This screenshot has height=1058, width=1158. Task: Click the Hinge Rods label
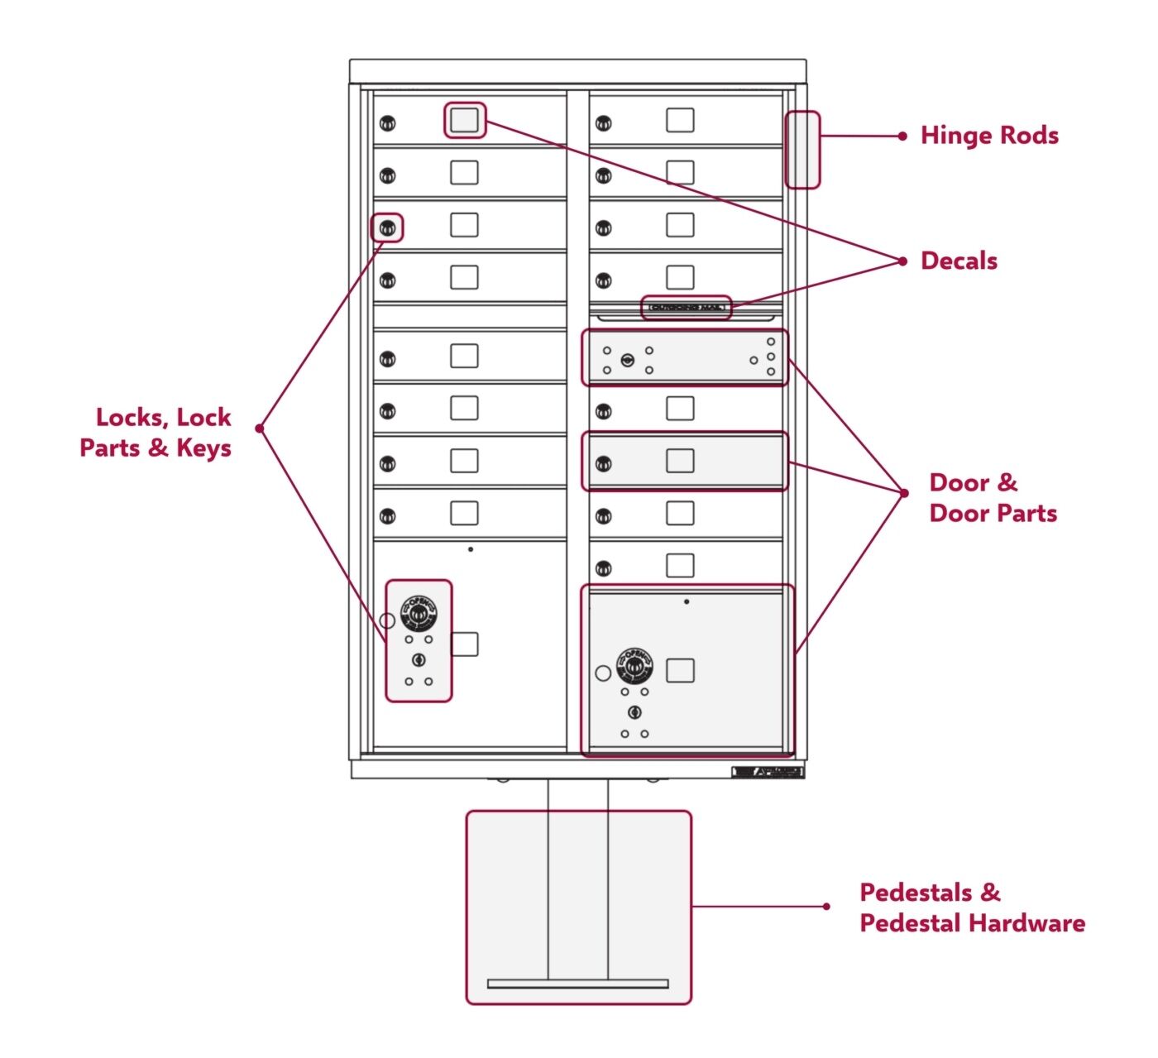[989, 136]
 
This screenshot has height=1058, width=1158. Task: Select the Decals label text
[959, 261]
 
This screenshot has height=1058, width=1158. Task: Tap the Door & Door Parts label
[993, 498]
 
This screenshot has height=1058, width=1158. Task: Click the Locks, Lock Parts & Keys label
[156, 433]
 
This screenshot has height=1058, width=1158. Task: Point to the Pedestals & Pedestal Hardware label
[971, 907]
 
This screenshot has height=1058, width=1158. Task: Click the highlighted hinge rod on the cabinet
[802, 150]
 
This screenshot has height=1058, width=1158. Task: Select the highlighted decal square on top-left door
[464, 120]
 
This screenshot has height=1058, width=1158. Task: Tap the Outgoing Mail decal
[687, 308]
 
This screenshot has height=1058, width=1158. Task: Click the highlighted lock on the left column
[387, 227]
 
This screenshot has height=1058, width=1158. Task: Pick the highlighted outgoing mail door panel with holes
[685, 358]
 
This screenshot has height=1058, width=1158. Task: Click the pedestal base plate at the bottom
[577, 984]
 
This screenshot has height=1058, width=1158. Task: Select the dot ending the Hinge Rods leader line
[902, 136]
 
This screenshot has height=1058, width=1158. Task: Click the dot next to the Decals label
[902, 261]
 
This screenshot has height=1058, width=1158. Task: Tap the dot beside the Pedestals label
[826, 907]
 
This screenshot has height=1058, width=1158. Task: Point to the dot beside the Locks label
[260, 428]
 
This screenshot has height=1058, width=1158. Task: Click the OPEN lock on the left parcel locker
[419, 614]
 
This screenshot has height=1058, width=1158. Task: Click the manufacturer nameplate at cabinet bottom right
[768, 772]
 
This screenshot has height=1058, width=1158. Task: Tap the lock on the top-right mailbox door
[604, 124]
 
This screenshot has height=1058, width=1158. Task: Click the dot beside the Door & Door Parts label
[904, 493]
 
